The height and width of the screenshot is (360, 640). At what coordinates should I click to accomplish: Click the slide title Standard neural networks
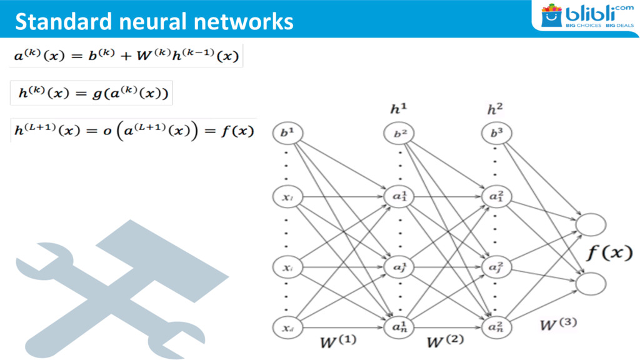[x=154, y=21]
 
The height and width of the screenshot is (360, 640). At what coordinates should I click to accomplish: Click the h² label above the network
[x=494, y=109]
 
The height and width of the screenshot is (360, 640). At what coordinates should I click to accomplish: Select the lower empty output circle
[x=590, y=283]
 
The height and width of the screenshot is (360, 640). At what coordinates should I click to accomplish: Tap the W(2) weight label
[x=444, y=342]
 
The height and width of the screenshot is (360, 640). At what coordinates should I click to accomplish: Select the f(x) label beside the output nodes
[x=609, y=253]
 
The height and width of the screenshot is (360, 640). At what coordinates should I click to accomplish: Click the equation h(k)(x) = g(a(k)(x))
[x=91, y=93]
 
